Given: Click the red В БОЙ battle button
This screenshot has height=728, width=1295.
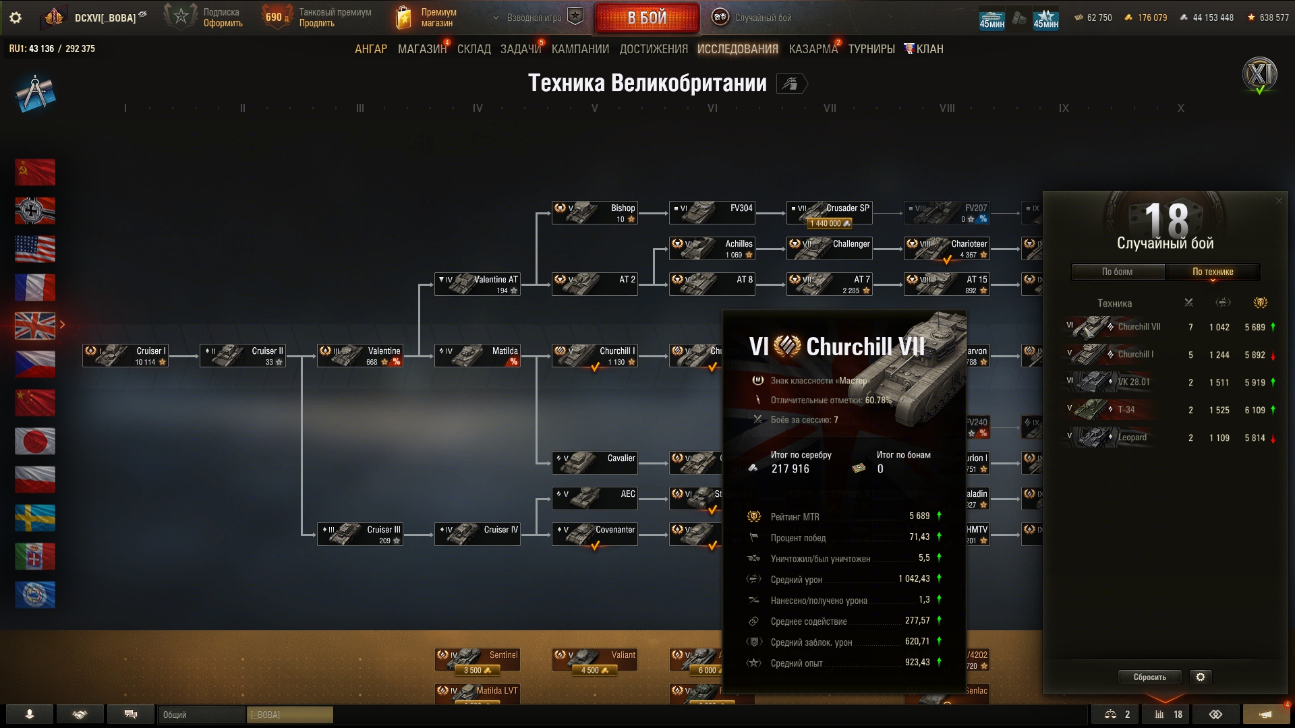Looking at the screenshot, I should tap(647, 18).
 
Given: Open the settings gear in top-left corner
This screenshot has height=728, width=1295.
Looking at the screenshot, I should tap(16, 18).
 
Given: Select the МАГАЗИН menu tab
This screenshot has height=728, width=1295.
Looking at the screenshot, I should tap(422, 49).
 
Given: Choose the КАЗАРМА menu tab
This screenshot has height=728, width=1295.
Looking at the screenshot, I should tap(813, 49).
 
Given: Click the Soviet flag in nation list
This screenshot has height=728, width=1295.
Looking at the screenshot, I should tap(35, 173).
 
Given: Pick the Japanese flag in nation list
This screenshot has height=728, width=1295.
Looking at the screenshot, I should tap(35, 442).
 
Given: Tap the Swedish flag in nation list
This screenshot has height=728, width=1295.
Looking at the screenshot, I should tap(35, 518).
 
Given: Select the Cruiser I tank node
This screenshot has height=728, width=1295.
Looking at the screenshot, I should tap(125, 355).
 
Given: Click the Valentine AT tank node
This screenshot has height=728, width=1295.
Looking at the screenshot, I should tap(478, 284).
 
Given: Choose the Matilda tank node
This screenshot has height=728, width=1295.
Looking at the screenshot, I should tap(478, 355).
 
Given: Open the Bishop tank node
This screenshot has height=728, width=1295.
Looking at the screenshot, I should tap(595, 213).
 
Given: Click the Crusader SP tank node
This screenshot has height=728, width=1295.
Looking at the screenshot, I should tap(830, 213).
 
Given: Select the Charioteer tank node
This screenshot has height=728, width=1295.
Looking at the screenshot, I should tap(947, 249).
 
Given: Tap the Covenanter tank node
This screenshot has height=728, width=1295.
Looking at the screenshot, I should tap(595, 534).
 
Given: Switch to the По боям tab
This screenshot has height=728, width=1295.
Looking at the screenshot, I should tap(1118, 272).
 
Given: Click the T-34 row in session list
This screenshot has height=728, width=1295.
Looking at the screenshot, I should tap(1170, 410).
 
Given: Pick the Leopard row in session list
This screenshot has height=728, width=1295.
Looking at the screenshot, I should tap(1170, 437).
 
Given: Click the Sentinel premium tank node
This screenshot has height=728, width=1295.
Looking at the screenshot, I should tap(478, 660).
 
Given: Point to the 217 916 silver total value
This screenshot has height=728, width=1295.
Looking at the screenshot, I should tap(790, 469).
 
